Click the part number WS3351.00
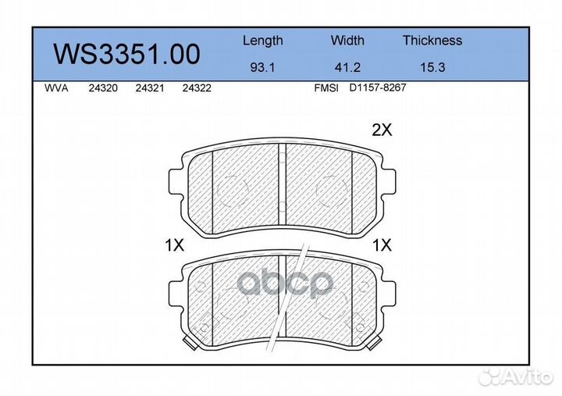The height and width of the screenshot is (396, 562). (127, 54)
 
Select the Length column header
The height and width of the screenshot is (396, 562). (263, 41)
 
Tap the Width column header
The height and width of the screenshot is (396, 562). (347, 40)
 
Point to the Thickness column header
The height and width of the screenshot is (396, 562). (432, 40)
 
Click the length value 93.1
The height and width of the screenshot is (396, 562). (262, 67)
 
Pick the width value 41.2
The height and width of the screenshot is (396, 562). (347, 67)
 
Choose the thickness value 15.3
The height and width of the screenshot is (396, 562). (432, 67)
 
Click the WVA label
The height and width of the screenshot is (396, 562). (56, 88)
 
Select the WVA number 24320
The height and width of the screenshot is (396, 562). (103, 88)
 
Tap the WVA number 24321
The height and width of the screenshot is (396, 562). (150, 88)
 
